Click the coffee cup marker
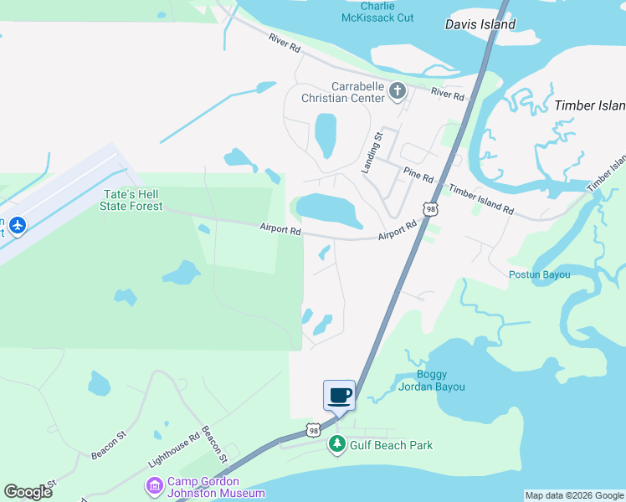339,394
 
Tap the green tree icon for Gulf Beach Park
337,445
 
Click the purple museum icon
154,486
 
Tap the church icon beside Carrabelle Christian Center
397,90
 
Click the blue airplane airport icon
18,225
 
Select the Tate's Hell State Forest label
132,200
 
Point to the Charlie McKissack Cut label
377,11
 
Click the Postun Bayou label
539,274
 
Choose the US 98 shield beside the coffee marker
312,430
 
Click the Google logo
28,492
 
